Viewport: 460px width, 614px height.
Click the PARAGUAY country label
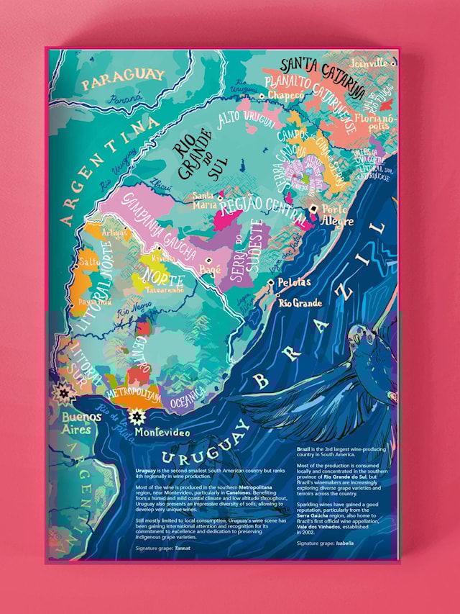[124, 78]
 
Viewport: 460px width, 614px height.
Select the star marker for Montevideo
[136, 417]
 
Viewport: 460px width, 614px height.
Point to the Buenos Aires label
[76, 423]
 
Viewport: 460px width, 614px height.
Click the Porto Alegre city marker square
[313, 209]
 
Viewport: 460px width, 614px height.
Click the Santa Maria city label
[203, 199]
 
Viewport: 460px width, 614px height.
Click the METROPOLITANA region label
[132, 394]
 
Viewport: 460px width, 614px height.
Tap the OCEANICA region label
[187, 397]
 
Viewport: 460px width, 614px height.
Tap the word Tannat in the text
[185, 548]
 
